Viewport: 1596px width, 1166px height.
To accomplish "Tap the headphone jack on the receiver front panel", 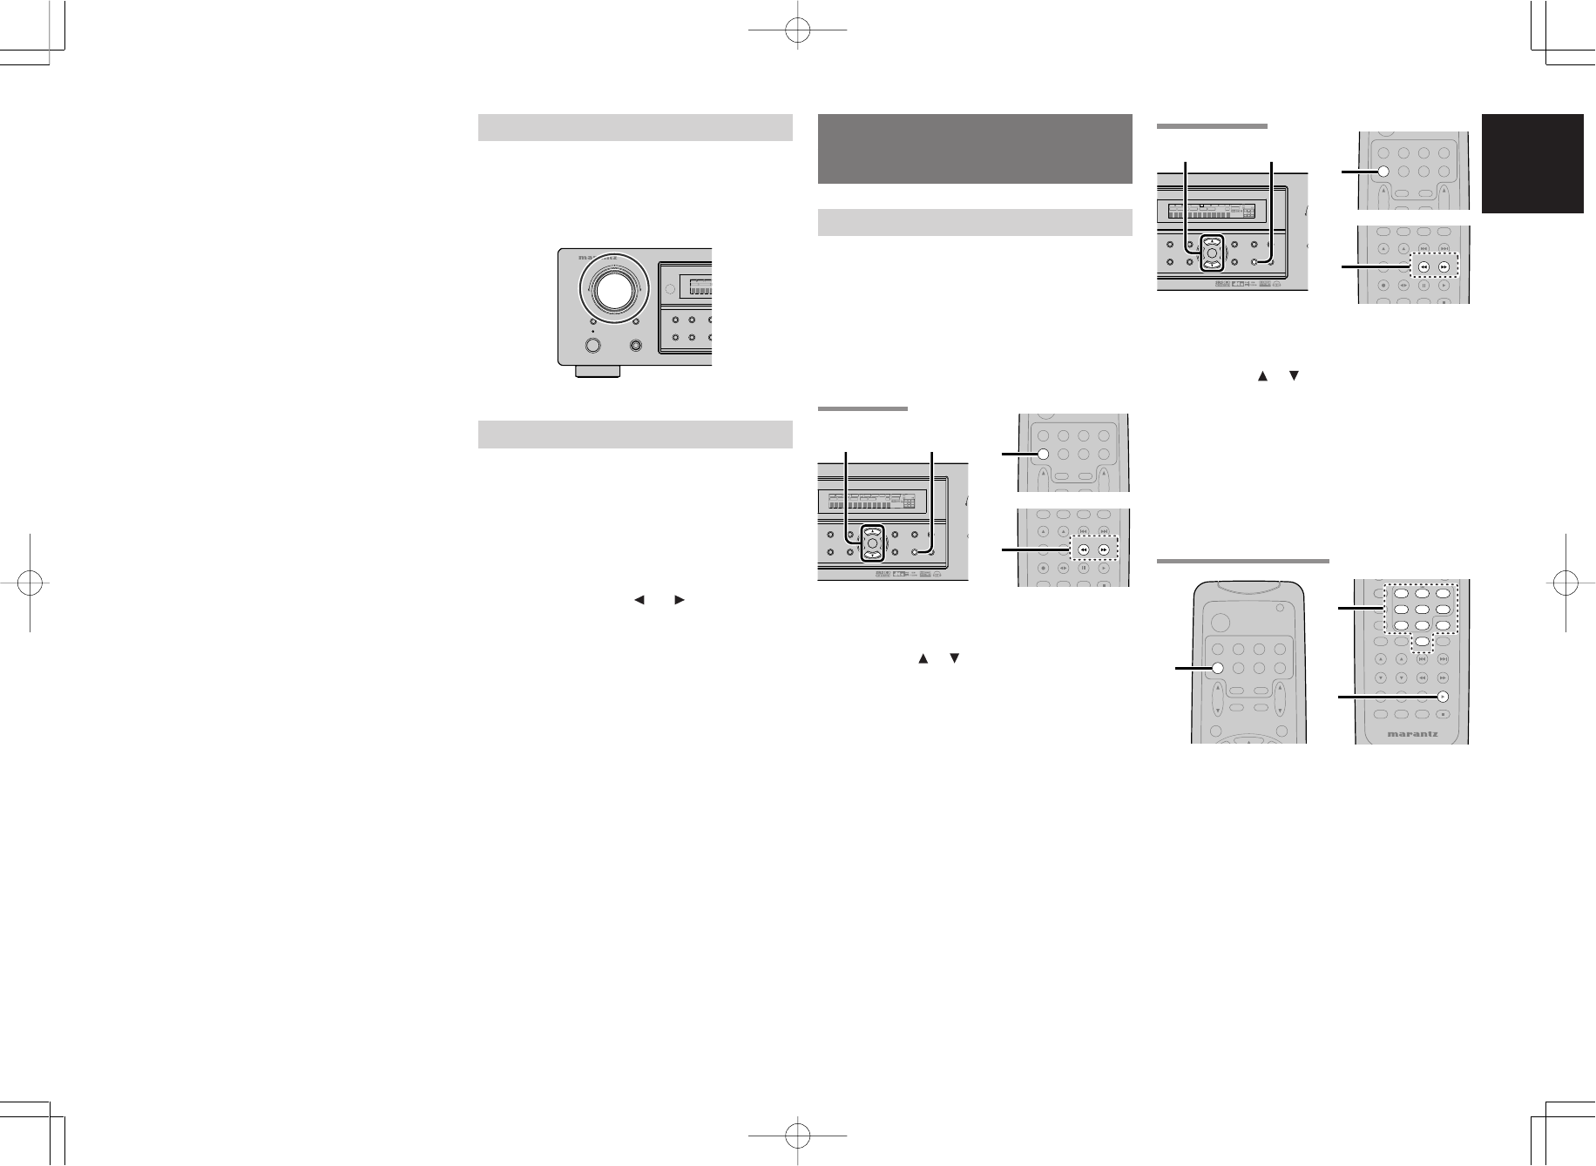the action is tap(636, 346).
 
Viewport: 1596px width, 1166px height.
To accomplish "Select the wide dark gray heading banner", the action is tap(975, 149).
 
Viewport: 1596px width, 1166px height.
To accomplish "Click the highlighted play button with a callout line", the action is tap(1443, 696).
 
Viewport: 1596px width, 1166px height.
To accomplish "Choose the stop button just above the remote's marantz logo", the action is tap(1443, 715).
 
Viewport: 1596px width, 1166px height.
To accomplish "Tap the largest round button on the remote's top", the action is tap(1220, 623).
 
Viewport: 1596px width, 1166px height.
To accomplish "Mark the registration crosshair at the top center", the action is tap(798, 32).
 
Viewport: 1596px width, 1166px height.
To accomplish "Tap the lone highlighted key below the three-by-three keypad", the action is tap(1422, 643).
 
